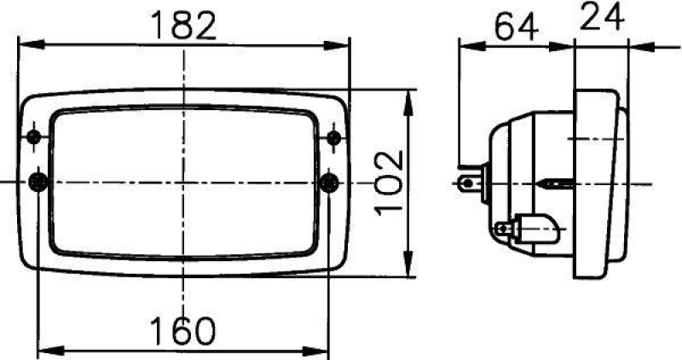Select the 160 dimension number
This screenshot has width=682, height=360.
tap(182, 332)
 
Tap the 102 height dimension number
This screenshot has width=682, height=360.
tap(388, 182)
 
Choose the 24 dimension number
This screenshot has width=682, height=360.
tap(601, 17)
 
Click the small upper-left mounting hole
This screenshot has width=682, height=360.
tap(34, 138)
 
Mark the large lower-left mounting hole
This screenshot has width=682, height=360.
tap(38, 181)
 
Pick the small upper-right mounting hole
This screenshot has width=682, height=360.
tap(333, 138)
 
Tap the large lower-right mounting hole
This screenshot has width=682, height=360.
tap(330, 181)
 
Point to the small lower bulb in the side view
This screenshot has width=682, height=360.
tap(529, 228)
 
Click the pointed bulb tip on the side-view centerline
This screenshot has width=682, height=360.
tap(546, 183)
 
